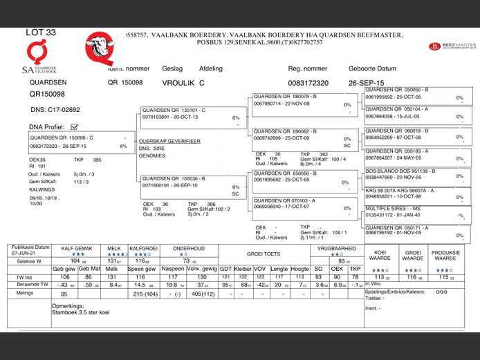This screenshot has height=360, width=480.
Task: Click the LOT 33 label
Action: (41, 32)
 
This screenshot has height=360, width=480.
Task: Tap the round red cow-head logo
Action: (100, 48)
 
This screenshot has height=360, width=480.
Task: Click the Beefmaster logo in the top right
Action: (452, 46)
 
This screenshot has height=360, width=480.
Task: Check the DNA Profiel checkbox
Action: (75, 127)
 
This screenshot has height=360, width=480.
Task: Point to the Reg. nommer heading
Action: (307, 69)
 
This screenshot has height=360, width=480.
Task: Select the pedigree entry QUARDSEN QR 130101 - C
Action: (174, 111)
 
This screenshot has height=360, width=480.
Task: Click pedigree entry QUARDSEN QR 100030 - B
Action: (174, 178)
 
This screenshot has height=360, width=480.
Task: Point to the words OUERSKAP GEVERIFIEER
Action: (170, 140)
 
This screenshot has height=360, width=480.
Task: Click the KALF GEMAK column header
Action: (76, 247)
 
